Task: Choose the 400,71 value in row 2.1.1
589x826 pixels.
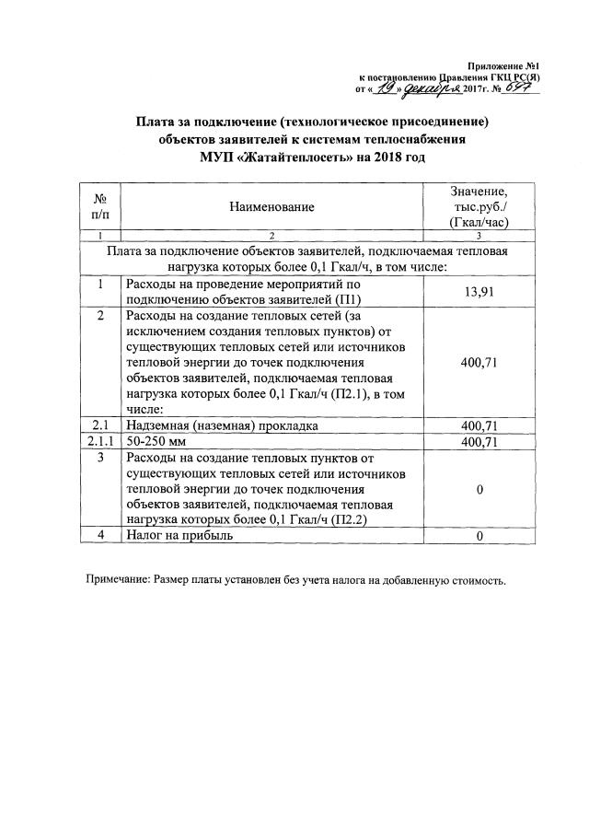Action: click(x=479, y=442)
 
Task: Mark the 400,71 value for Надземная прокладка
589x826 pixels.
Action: click(x=479, y=426)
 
